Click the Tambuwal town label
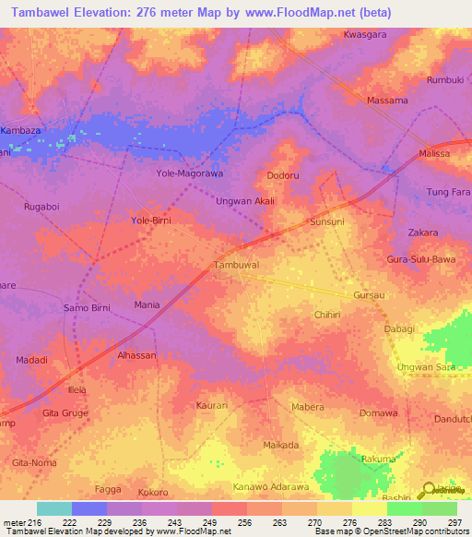point(236,264)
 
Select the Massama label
point(387,100)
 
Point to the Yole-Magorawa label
point(191,173)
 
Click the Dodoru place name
point(284,174)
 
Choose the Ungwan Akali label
point(245,200)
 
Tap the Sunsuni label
point(327,222)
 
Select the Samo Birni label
point(87,307)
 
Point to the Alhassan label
point(136,355)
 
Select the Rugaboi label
point(42,208)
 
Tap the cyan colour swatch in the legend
point(54,508)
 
